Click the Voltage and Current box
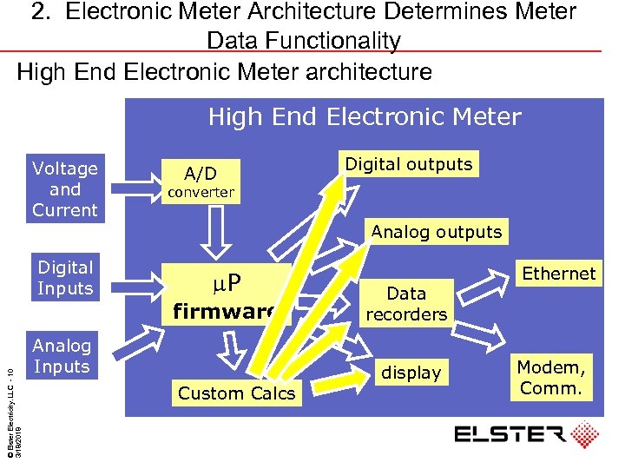[x=65, y=189]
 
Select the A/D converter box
[x=201, y=182]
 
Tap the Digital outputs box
[x=409, y=164]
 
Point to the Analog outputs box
[x=437, y=232]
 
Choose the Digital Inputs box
[x=65, y=278]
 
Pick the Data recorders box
[x=406, y=304]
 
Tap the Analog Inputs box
[x=62, y=357]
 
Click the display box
[x=411, y=373]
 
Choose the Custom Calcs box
[x=236, y=393]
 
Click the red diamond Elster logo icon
[x=583, y=435]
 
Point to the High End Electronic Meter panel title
[x=365, y=117]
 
